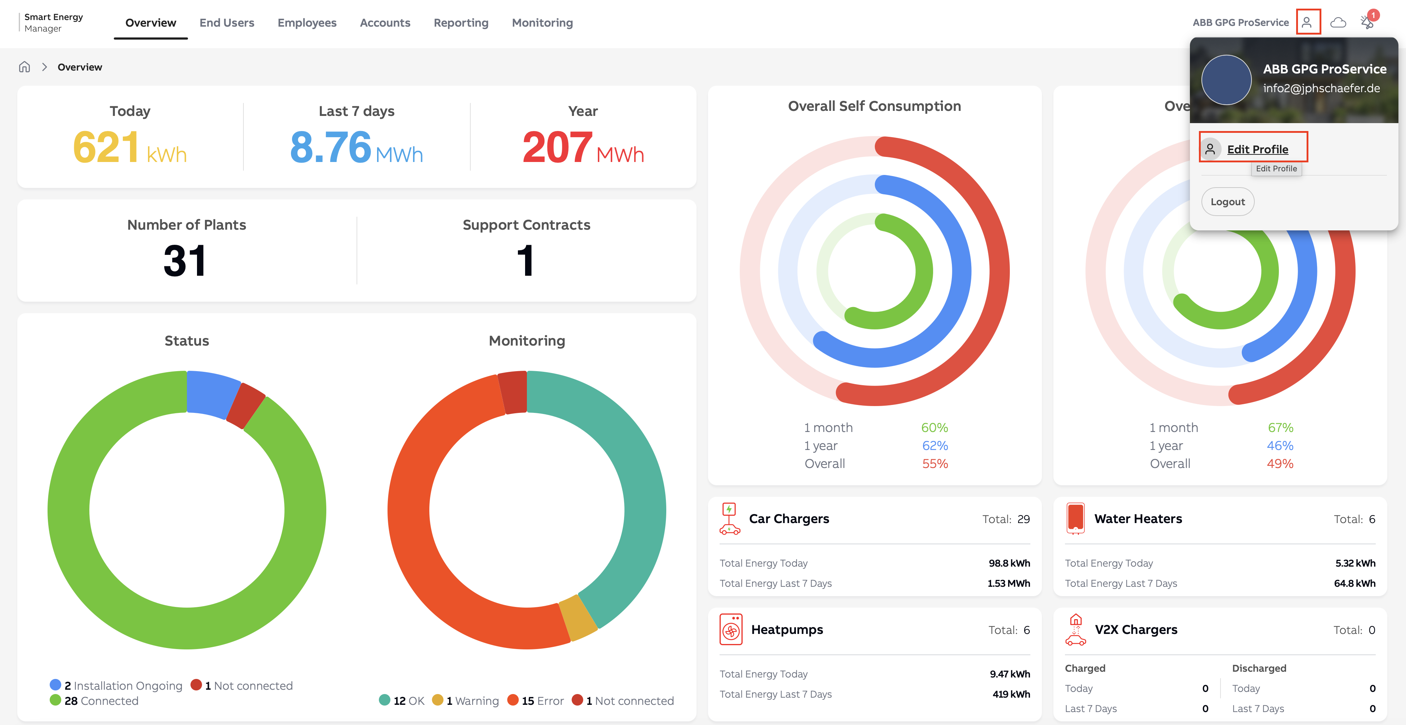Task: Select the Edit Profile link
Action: pyautogui.click(x=1258, y=149)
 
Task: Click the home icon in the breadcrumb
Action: pyautogui.click(x=24, y=67)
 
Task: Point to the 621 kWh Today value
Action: pyautogui.click(x=130, y=147)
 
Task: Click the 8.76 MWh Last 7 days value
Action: pyautogui.click(x=357, y=147)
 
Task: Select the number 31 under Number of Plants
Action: pyautogui.click(x=185, y=261)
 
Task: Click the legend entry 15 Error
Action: pyautogui.click(x=536, y=701)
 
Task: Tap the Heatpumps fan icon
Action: pyautogui.click(x=731, y=630)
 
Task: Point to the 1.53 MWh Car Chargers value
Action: pyautogui.click(x=1009, y=583)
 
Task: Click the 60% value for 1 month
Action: pyautogui.click(x=935, y=428)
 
